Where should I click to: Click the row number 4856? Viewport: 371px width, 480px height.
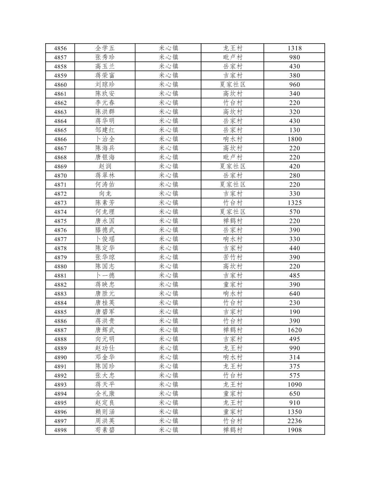coord(60,48)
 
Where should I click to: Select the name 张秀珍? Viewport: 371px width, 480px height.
coord(105,57)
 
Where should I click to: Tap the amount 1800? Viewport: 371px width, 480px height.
coord(294,139)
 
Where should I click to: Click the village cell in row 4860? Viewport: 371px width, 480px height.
coord(232,85)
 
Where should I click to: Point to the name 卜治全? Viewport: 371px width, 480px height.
coord(105,139)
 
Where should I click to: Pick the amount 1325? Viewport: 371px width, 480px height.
coord(294,203)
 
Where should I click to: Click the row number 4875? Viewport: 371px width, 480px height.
coord(60,221)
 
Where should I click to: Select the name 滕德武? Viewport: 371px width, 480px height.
coord(105,230)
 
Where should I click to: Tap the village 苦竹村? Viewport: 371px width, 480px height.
coord(232,257)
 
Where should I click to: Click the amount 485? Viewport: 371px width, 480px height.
coord(294,276)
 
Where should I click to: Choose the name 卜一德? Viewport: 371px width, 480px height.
coord(105,276)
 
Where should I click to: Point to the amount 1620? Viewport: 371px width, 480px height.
coord(294,330)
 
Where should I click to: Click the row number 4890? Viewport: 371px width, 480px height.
coord(60,357)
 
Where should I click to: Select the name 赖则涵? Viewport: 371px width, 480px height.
coord(105,412)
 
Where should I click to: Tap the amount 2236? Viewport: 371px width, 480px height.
coord(294,421)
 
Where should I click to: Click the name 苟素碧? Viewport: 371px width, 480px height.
coord(105,430)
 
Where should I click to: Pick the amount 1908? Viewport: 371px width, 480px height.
coord(294,430)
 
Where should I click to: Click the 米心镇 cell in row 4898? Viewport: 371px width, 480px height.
coord(168,430)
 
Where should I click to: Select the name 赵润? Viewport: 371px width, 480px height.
coord(105,166)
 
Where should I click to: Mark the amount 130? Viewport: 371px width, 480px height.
coord(294,130)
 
